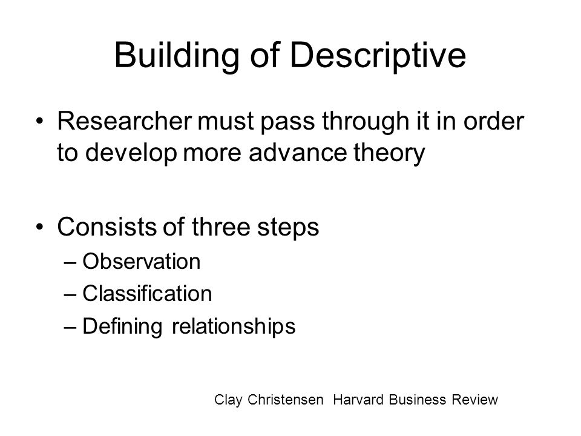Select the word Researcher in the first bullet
(x=125, y=121)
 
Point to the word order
(x=494, y=121)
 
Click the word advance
(x=298, y=152)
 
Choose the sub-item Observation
(x=141, y=262)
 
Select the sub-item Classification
(x=147, y=293)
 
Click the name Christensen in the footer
(x=285, y=400)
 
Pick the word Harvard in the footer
(x=358, y=400)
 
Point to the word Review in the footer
(x=474, y=400)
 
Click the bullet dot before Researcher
(x=40, y=121)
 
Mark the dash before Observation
(x=70, y=262)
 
